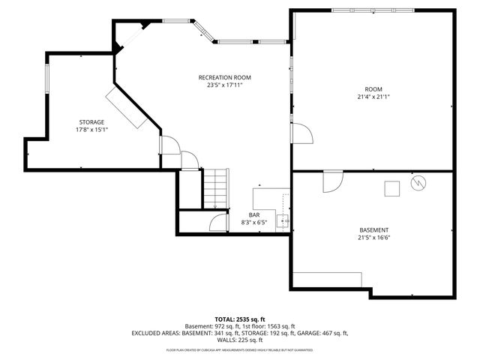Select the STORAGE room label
[x=91, y=121]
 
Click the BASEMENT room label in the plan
[x=373, y=230]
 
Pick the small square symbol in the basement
[x=391, y=188]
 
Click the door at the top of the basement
[x=332, y=180]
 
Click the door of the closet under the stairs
[x=219, y=223]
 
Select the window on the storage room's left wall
[x=47, y=79]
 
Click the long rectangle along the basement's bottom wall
[x=327, y=279]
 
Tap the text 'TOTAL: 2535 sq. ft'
[x=240, y=318]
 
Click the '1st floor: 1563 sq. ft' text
[x=274, y=325]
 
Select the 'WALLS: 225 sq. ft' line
[x=240, y=340]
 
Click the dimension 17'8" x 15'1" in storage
[x=91, y=129]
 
